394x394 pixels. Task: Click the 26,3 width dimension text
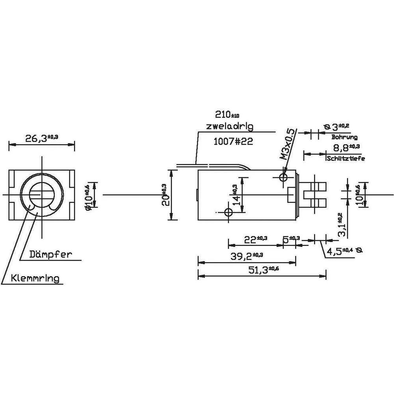(x=41, y=138)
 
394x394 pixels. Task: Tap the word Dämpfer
(x=51, y=254)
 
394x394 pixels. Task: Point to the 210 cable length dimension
(x=227, y=115)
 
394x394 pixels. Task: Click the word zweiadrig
(x=229, y=126)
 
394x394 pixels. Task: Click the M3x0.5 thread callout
(x=289, y=143)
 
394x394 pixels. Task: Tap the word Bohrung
(x=344, y=138)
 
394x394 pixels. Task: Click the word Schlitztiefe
(x=346, y=159)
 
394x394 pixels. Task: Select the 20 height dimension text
(x=166, y=195)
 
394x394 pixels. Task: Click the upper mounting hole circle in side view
(x=283, y=178)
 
